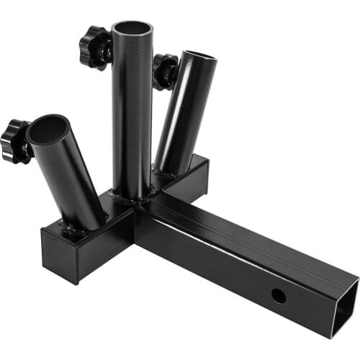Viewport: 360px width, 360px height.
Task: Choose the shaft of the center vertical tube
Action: [132, 115]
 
